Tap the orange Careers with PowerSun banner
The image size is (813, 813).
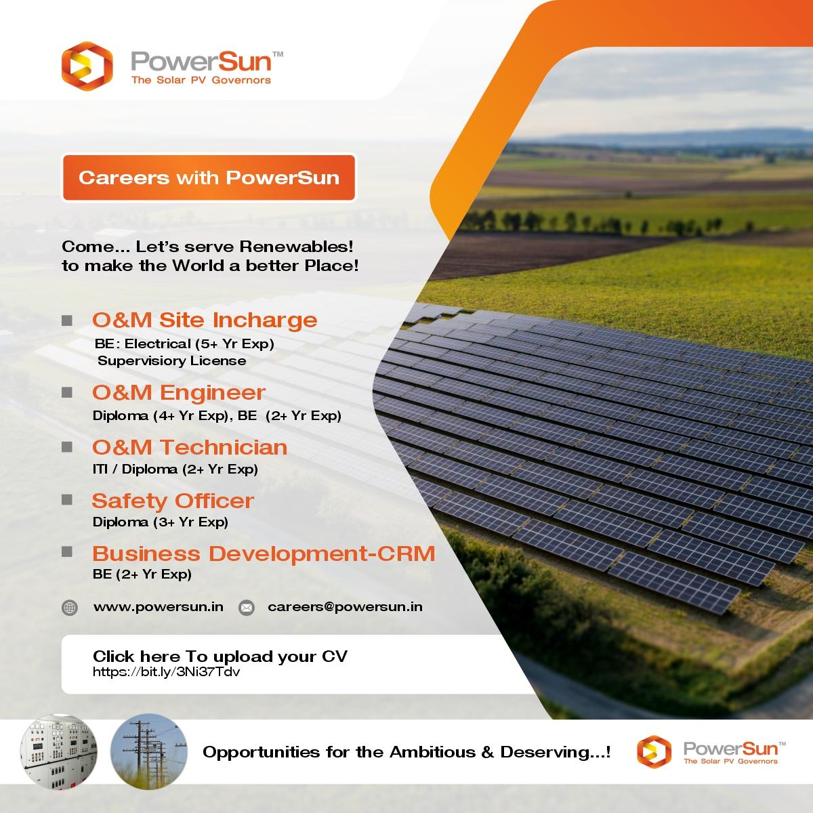point(209,178)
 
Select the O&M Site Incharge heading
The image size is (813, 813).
point(205,320)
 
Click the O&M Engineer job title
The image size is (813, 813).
point(179,393)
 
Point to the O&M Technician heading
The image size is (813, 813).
point(190,447)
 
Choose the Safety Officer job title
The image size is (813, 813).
point(173,501)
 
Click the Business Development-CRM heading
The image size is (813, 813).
point(264,554)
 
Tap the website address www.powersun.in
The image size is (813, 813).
point(159,606)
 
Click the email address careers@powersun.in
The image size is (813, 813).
point(345,606)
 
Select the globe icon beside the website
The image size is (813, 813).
point(70,608)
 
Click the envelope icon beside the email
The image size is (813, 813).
point(247,608)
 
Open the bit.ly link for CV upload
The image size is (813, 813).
point(167,673)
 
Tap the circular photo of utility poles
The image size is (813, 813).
point(144,751)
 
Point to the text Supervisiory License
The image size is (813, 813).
point(171,360)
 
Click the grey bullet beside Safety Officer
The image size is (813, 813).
point(67,500)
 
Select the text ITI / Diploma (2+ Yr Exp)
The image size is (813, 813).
point(175,468)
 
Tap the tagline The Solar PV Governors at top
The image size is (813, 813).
point(201,80)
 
